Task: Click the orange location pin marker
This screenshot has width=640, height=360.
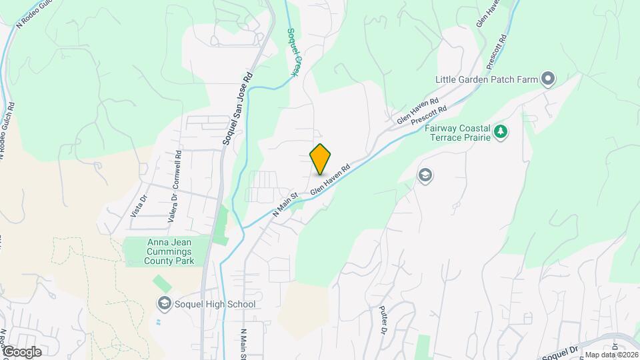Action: coord(321,159)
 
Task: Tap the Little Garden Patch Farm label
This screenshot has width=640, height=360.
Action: coord(486,79)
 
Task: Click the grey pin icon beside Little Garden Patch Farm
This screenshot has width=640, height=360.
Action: coord(549,79)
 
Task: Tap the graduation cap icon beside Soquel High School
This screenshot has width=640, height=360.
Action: coord(164,305)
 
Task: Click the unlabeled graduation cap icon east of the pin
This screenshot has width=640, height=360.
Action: coord(425,175)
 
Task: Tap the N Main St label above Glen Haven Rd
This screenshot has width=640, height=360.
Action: coord(285,205)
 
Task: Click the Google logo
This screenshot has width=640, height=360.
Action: coord(22,351)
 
